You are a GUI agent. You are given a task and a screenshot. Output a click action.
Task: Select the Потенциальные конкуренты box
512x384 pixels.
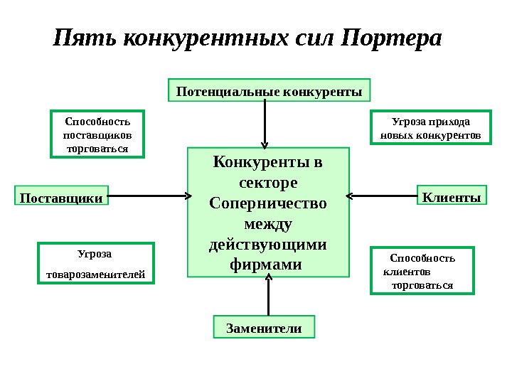point(270,91)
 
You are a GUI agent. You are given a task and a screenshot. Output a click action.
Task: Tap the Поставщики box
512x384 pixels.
point(60,198)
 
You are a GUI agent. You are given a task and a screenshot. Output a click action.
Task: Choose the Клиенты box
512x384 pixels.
point(452,196)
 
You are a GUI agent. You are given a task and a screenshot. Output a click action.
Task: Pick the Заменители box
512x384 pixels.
point(264,329)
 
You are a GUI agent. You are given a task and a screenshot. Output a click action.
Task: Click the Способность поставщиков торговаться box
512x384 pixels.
point(97,133)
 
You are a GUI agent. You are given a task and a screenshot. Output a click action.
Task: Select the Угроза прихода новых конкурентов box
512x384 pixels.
point(431,127)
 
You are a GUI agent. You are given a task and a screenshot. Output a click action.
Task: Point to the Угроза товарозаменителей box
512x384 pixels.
point(95,263)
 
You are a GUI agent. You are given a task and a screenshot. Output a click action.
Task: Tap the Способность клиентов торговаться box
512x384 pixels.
point(422,271)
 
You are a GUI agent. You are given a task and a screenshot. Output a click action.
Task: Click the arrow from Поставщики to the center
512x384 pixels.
point(148,195)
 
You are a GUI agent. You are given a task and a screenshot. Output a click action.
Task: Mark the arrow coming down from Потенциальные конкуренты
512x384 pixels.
point(265,122)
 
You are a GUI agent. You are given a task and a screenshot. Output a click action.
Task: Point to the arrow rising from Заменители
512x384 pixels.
point(269,297)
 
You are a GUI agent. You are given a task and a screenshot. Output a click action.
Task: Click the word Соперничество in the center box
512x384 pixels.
point(268,203)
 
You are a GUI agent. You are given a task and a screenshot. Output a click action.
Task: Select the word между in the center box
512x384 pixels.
point(268,225)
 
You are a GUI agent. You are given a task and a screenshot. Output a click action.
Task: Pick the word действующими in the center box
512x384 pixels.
point(268,245)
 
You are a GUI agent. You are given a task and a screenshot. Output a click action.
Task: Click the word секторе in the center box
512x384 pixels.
point(268,183)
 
